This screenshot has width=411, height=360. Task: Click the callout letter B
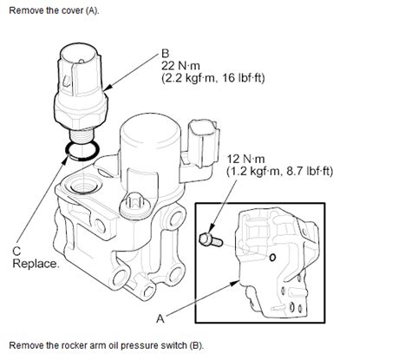coord(166,54)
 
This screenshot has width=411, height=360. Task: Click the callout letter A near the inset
coord(160,318)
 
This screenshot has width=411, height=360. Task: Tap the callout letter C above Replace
coord(16,251)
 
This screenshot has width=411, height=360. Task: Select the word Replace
coord(36,264)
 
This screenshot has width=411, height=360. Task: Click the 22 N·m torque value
coord(180,66)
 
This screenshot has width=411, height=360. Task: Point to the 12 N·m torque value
coord(245,159)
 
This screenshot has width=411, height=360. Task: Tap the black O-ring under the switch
coord(82,151)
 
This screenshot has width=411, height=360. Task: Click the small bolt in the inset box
coord(211,240)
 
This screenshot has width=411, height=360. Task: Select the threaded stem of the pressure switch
coord(82,135)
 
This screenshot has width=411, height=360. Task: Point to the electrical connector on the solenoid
coord(203,143)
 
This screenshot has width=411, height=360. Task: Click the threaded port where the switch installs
coord(82,186)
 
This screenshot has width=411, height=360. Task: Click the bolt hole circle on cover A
coord(272,258)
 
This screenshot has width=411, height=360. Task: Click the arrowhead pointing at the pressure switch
coord(109,87)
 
